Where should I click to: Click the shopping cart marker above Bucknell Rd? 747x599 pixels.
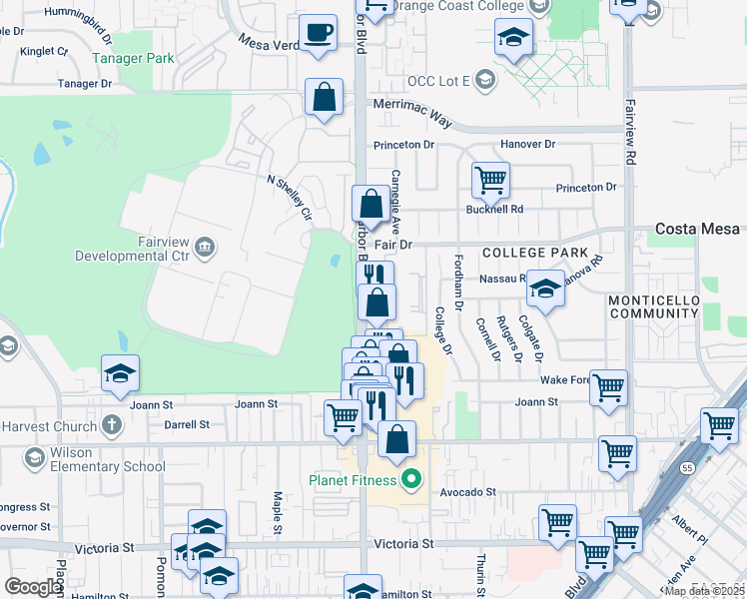(x=490, y=182)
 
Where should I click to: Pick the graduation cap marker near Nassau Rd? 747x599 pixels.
(x=545, y=289)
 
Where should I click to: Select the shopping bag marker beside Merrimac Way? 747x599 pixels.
(x=325, y=98)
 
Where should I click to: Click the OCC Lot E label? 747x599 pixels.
(x=439, y=81)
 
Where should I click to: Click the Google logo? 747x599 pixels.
(x=33, y=587)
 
